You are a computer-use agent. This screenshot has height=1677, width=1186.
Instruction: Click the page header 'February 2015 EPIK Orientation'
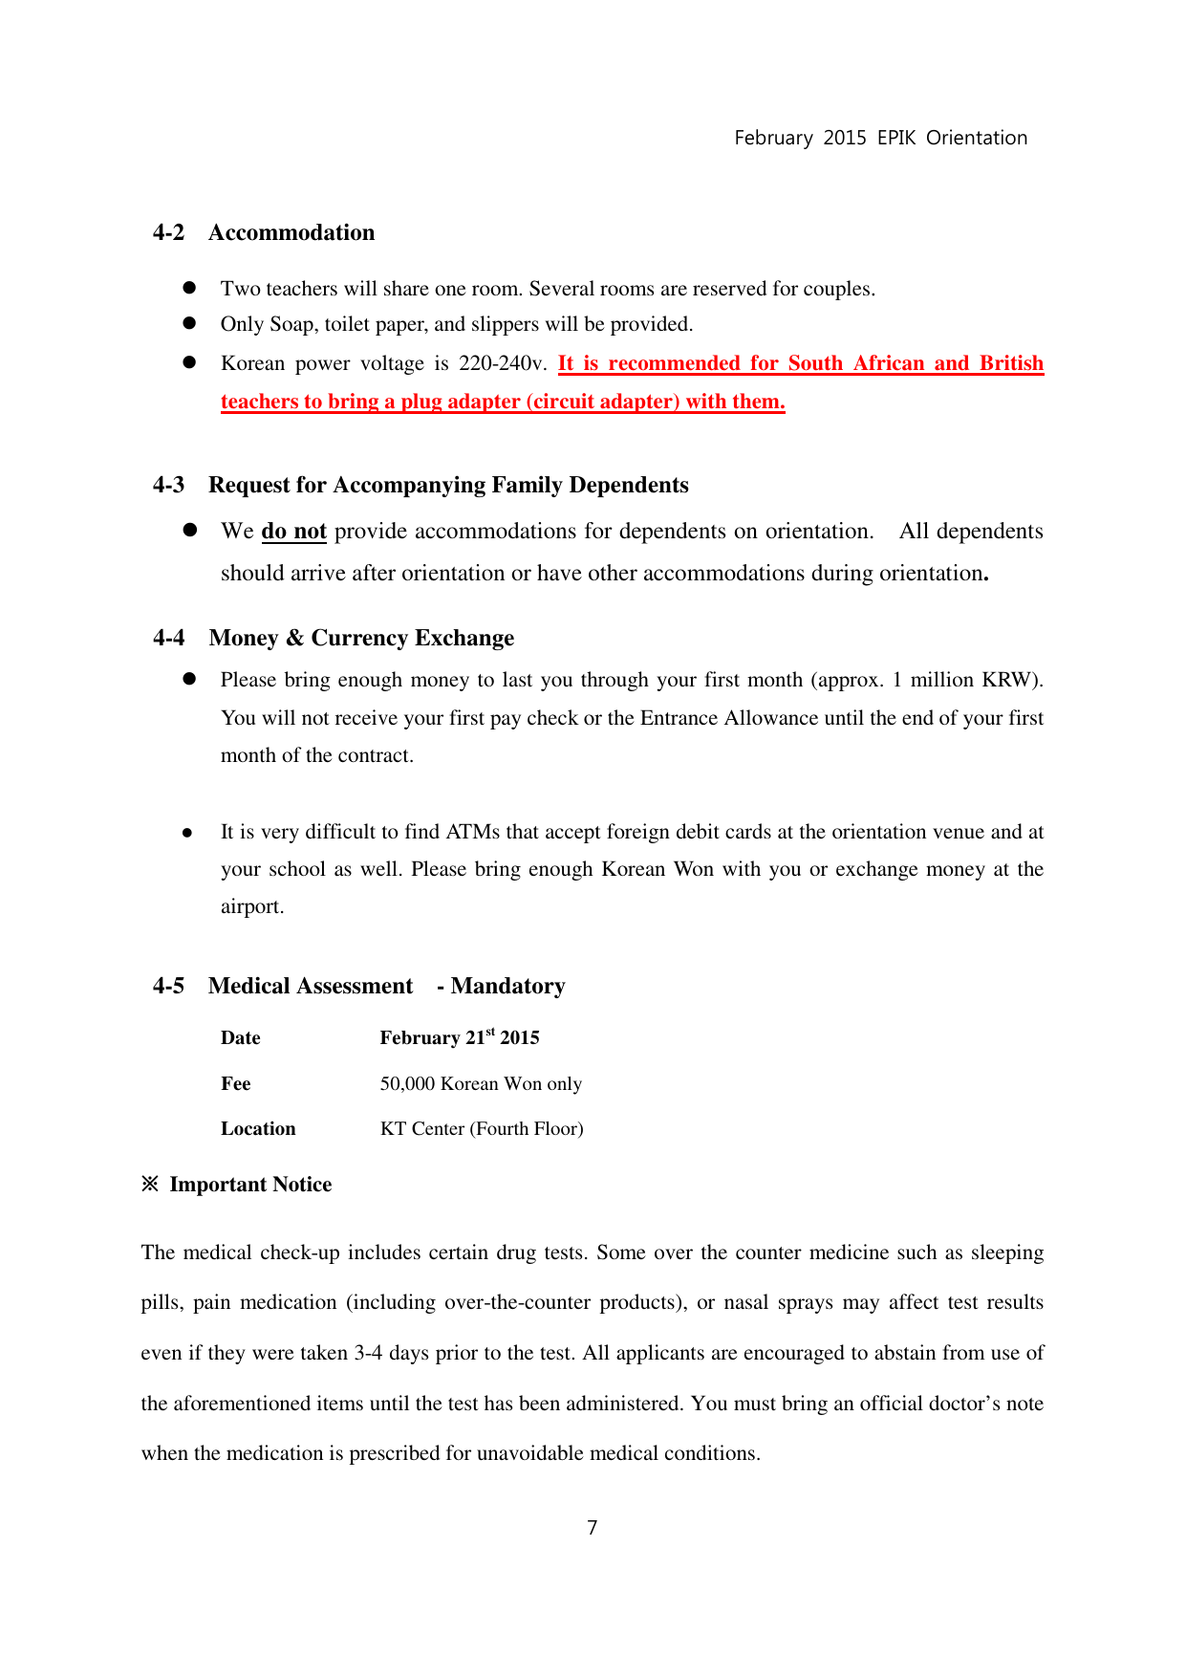point(880,138)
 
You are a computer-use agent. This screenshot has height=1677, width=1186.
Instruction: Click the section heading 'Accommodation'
point(291,233)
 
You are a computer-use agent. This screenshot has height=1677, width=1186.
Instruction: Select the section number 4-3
point(168,486)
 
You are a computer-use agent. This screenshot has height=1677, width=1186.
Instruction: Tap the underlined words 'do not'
point(293,532)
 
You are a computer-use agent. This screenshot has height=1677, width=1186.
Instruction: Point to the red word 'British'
point(1011,364)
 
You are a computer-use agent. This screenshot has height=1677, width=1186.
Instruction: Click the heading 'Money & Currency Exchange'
point(361,639)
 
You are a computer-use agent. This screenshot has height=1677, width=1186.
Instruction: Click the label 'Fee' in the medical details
point(236,1084)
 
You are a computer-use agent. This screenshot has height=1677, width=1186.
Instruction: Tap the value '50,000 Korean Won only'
point(481,1084)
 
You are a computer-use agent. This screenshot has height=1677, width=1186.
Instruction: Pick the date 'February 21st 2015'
point(460,1038)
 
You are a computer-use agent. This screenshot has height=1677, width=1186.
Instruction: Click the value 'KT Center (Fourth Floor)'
point(482,1129)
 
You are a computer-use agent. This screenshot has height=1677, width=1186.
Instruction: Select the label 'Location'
point(258,1129)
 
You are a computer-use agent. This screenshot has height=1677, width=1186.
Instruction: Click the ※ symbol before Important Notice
point(150,1185)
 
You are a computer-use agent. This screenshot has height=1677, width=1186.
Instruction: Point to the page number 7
point(593,1528)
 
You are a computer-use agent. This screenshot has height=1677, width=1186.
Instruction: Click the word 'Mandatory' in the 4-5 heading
point(507,987)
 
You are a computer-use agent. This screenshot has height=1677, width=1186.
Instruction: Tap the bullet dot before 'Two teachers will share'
point(189,288)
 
